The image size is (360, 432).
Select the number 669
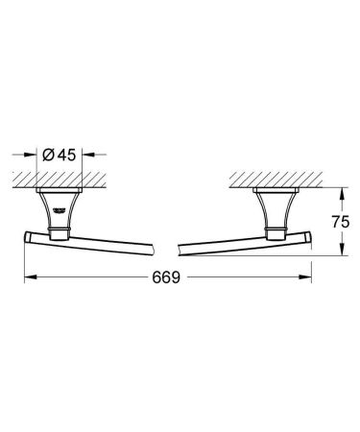pyautogui.click(x=168, y=277)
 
